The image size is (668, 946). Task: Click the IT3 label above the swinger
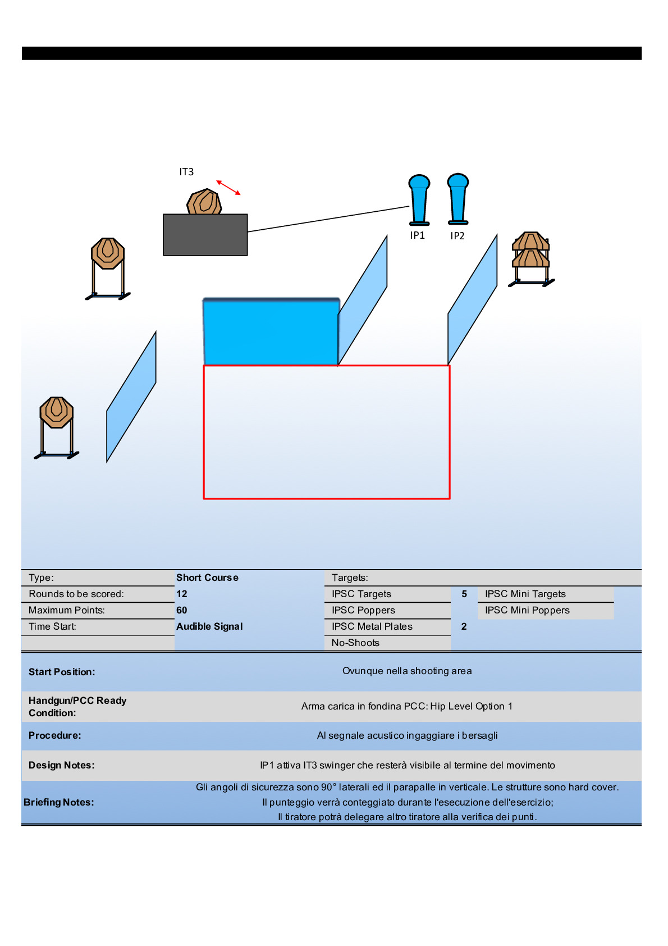(x=186, y=172)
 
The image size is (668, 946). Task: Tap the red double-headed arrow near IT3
(x=228, y=188)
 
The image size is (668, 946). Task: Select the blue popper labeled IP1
(x=419, y=200)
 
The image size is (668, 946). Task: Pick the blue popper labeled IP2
(x=457, y=199)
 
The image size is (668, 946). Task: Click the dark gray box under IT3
(x=205, y=235)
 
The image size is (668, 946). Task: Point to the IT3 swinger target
(x=204, y=202)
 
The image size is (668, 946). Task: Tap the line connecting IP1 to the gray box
(x=328, y=219)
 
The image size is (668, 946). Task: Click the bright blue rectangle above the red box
(x=271, y=331)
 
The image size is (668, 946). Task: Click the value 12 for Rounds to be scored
(x=182, y=594)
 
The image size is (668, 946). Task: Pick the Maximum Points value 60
(x=182, y=610)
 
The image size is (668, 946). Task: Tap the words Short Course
(x=207, y=577)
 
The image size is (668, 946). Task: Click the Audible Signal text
(x=209, y=626)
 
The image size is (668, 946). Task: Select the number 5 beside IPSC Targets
(x=464, y=594)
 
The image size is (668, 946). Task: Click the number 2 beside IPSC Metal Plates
(x=464, y=626)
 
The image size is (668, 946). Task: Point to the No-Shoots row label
(x=355, y=643)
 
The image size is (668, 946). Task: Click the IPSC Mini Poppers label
(x=527, y=610)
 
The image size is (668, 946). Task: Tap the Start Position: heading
(x=62, y=672)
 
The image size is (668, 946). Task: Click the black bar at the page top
(x=331, y=53)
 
